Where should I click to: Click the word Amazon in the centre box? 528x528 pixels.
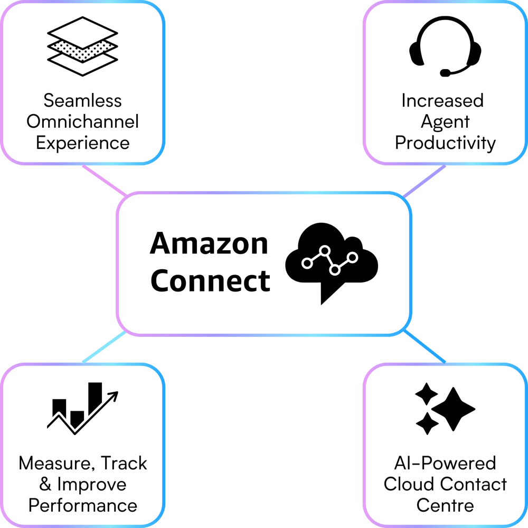209,244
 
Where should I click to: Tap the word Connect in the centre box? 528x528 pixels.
210,280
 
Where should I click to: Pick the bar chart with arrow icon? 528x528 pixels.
82,407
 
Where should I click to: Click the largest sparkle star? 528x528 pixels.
454,408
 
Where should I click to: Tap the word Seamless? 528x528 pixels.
82,100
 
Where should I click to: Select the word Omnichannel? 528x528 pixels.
82,122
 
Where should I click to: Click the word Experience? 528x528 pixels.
82,143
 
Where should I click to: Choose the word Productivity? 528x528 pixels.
445,143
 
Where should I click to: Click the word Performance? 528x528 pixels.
82,505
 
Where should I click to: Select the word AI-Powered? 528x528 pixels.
445,464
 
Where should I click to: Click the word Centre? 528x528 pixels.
445,505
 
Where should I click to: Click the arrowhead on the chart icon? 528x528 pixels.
114,394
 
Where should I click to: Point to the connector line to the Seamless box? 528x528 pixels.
105,180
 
